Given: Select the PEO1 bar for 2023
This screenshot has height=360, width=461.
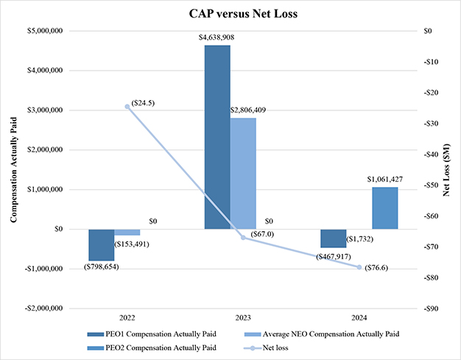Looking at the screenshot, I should pyautogui.click(x=217, y=137).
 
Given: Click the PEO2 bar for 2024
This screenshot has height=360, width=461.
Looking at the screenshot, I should pyautogui.click(x=385, y=208).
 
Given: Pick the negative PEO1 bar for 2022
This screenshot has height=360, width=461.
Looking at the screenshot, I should pyautogui.click(x=102, y=244).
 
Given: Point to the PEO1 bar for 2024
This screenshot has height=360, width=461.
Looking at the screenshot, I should pyautogui.click(x=333, y=239).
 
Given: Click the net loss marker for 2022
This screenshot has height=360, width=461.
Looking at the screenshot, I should pyautogui.click(x=127, y=106).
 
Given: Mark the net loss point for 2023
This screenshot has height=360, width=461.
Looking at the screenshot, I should pyautogui.click(x=243, y=237).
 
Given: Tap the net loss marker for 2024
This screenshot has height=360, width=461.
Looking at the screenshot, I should pyautogui.click(x=359, y=267).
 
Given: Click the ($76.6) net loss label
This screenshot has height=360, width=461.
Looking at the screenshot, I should pyautogui.click(x=376, y=267).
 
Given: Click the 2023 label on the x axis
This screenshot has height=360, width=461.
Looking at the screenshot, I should pyautogui.click(x=243, y=318).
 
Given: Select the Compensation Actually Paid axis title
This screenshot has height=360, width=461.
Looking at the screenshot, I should pyautogui.click(x=13, y=169).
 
